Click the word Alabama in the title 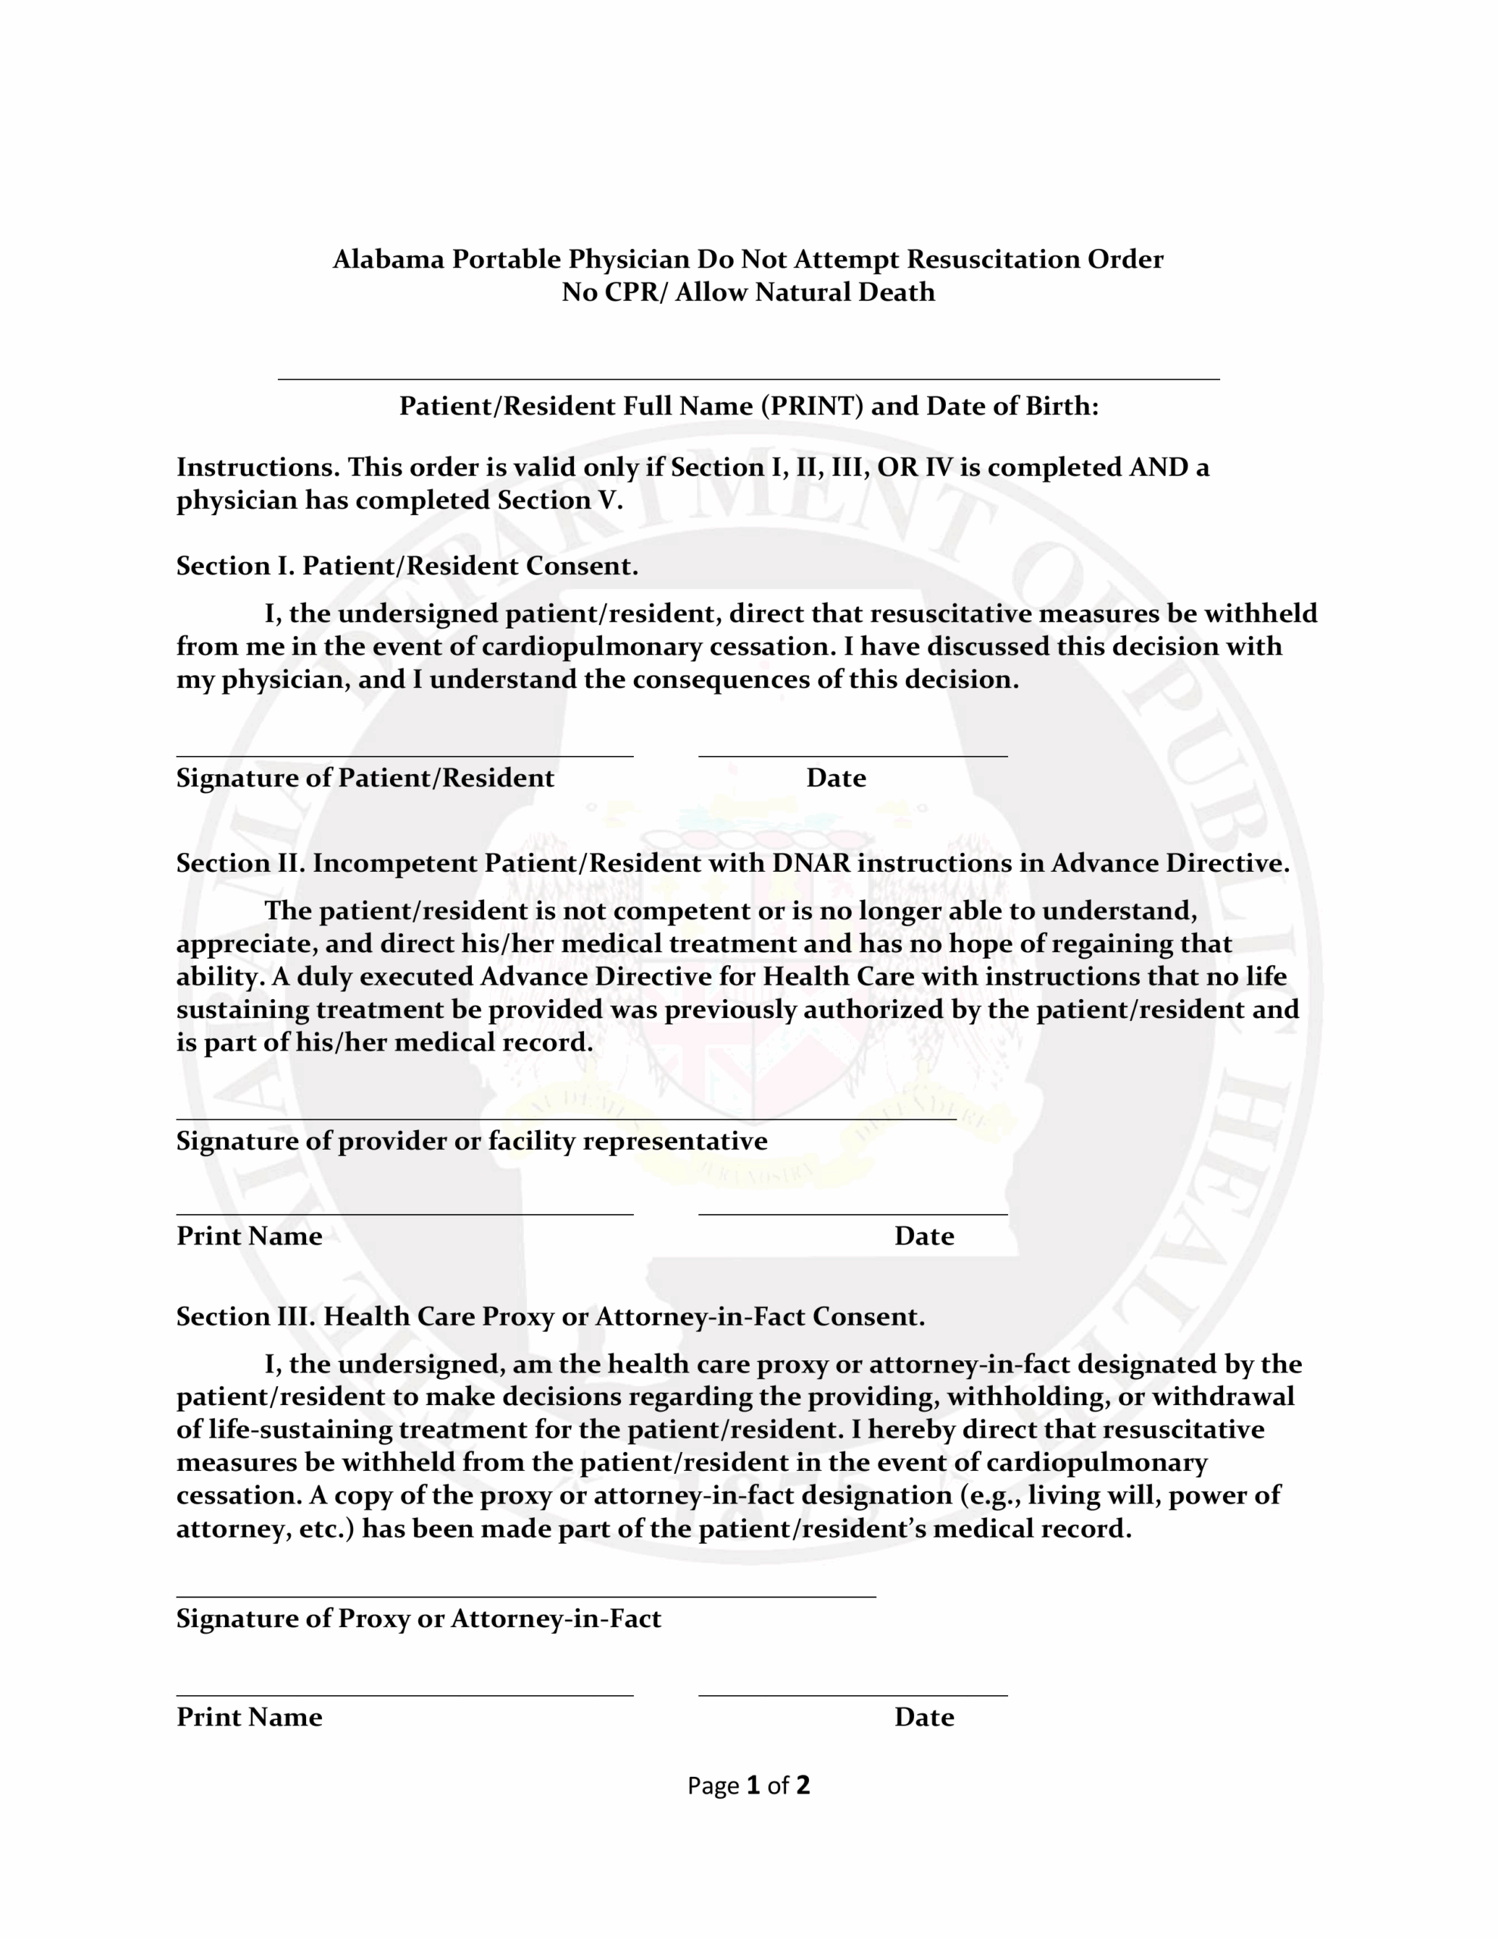tap(388, 259)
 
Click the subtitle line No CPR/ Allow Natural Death tap(747, 292)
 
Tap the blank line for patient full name tap(747, 377)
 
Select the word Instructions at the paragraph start tap(257, 467)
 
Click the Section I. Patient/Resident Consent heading tap(407, 566)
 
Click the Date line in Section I tap(853, 754)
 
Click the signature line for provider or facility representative tap(566, 1118)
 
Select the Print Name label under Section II tap(248, 1236)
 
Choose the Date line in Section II tap(853, 1213)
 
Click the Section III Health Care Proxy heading tap(550, 1316)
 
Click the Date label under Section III tap(923, 1717)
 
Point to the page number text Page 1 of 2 tap(747, 1785)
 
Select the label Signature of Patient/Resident tap(364, 778)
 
